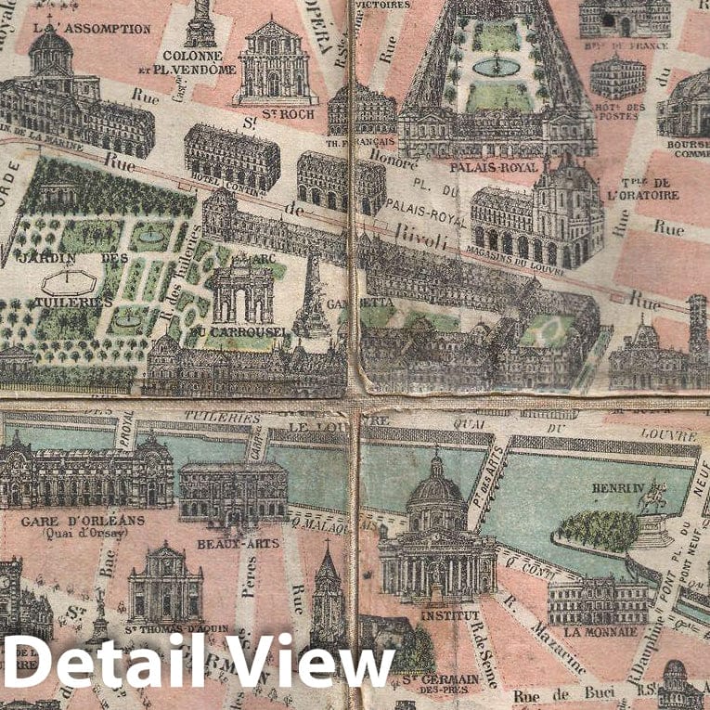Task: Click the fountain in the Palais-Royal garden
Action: (496, 66)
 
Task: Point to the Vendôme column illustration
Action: (200, 23)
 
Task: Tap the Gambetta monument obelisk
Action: (313, 297)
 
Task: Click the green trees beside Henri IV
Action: (600, 529)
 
